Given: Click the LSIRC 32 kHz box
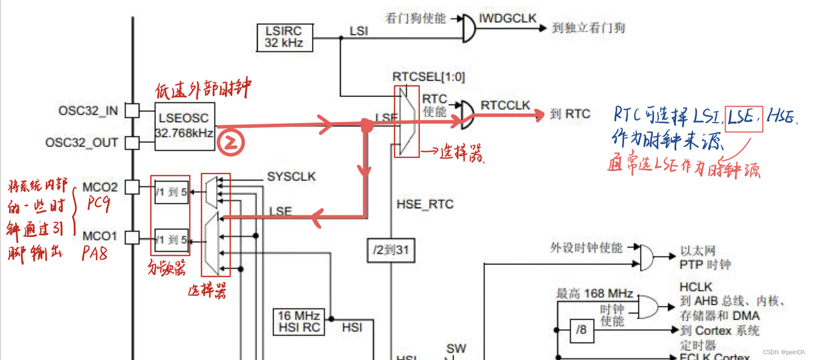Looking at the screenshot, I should tap(284, 37).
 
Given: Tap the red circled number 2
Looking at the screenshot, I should tap(231, 143).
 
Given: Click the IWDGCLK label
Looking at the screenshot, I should tap(508, 19).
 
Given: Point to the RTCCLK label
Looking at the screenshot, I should tap(505, 106).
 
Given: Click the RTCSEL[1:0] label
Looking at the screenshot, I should tap(429, 77).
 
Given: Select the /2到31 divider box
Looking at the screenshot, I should tap(391, 251).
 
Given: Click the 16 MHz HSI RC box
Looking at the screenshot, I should tap(299, 322).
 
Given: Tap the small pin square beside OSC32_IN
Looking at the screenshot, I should tap(132, 111).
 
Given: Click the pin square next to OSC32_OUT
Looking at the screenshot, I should tap(132, 142).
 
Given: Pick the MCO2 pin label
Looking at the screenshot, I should tap(100, 187).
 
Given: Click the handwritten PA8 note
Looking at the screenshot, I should tap(95, 254).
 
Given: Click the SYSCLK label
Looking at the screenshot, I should tap(291, 177).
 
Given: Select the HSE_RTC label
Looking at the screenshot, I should tap(424, 205).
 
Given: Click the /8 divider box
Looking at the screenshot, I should tap(581, 330).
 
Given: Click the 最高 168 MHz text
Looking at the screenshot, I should tap(594, 293).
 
